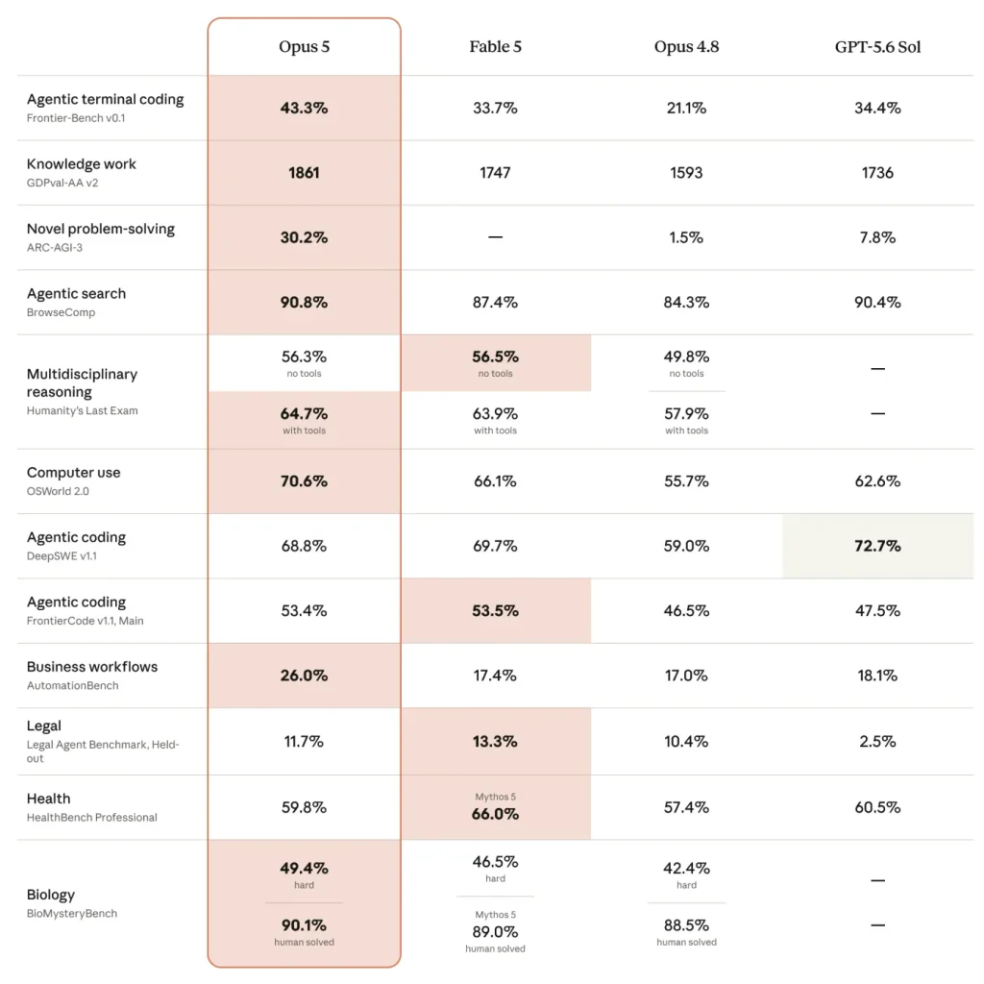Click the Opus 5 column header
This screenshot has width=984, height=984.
(x=304, y=47)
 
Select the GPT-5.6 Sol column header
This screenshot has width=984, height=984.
(x=877, y=47)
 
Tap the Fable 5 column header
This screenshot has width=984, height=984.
(x=495, y=47)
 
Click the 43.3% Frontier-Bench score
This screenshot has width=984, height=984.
(x=304, y=108)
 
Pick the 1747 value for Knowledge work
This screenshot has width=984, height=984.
(x=495, y=173)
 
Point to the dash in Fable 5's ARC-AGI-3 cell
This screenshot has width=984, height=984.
(x=495, y=237)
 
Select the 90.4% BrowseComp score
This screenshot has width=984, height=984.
(x=877, y=303)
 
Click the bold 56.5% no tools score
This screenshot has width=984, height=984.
(x=495, y=357)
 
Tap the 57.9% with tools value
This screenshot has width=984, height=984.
(x=686, y=414)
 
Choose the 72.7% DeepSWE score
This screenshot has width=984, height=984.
(x=877, y=546)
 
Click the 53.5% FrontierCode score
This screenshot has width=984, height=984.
(x=495, y=610)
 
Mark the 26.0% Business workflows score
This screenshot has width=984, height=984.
(x=304, y=676)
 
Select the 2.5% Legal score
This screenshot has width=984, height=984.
(x=877, y=742)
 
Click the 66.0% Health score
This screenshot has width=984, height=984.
(x=495, y=814)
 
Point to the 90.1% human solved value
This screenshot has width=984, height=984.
(x=304, y=925)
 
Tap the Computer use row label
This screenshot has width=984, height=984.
(x=73, y=473)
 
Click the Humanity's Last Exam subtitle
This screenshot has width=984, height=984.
(x=83, y=410)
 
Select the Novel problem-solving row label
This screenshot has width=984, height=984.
(x=100, y=229)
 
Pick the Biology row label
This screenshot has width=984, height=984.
(x=51, y=895)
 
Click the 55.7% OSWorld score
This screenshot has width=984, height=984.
(x=686, y=481)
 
